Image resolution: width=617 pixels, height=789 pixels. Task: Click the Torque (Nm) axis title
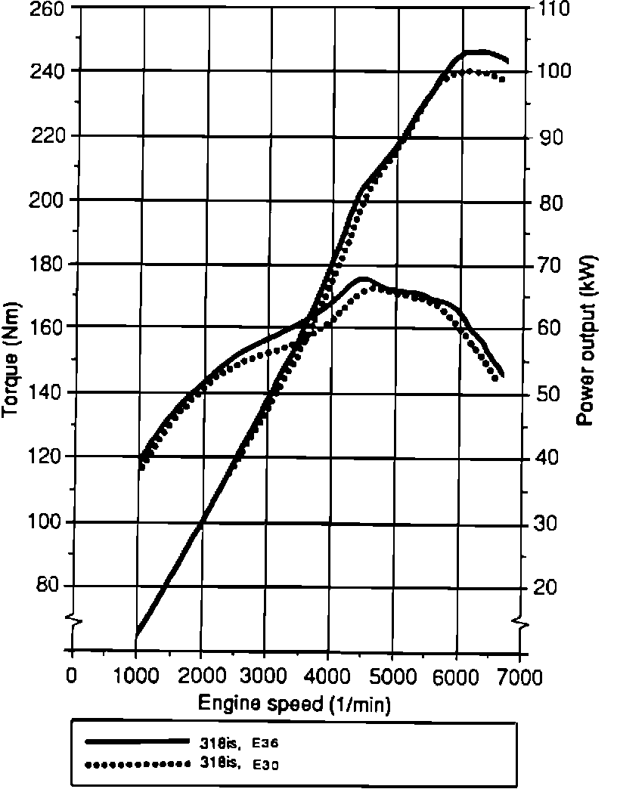(x=13, y=360)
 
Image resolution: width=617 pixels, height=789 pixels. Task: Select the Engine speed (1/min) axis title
(x=294, y=704)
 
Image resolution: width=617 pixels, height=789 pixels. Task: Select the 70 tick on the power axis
(x=548, y=265)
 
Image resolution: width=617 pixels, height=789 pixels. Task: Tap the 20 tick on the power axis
(x=548, y=587)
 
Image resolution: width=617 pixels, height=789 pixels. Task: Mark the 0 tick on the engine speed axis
(x=72, y=676)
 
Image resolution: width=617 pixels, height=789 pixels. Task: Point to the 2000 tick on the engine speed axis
(x=200, y=676)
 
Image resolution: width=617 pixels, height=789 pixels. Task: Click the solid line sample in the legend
(x=137, y=741)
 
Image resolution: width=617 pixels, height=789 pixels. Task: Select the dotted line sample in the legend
(x=137, y=764)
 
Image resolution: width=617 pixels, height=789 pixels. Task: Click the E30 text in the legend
(x=270, y=764)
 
